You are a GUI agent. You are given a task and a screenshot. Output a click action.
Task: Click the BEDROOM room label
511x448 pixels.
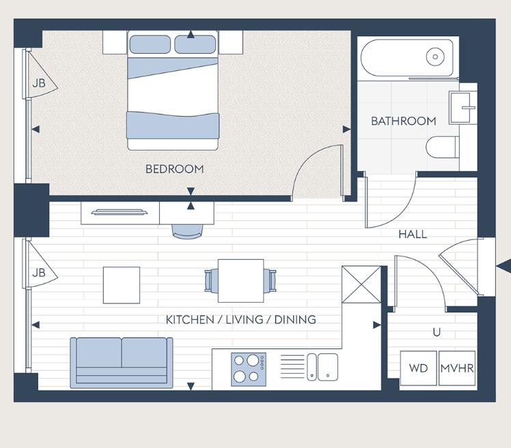click(x=174, y=169)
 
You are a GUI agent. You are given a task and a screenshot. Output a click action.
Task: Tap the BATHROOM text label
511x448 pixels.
click(x=403, y=121)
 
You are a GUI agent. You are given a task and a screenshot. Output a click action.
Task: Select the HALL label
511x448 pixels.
click(x=413, y=234)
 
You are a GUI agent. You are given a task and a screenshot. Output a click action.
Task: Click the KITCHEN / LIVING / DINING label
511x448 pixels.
click(x=240, y=319)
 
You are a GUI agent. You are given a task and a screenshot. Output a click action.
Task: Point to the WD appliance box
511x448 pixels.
click(x=418, y=368)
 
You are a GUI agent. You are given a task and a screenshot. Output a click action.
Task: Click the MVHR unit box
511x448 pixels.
click(x=457, y=368)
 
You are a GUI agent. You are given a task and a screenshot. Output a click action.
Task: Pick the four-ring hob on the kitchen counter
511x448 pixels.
click(x=249, y=368)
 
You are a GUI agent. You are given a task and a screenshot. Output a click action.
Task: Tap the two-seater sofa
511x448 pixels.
click(x=122, y=360)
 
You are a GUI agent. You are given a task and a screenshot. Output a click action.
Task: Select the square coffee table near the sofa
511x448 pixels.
click(x=122, y=285)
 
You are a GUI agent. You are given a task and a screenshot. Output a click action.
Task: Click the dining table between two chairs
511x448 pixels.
click(x=240, y=280)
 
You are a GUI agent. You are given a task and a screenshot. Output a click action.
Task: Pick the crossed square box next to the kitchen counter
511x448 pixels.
click(x=361, y=285)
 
